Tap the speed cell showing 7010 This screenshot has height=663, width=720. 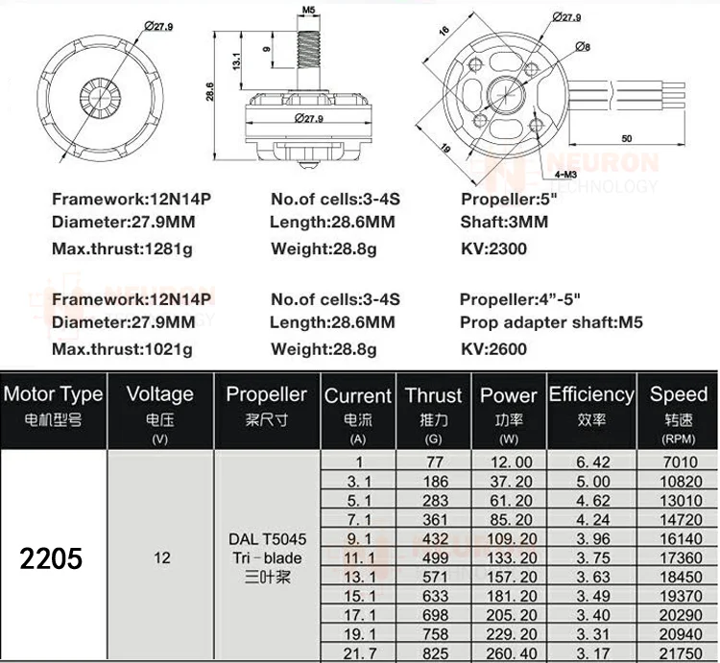click(679, 462)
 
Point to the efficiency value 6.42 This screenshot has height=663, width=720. click(591, 462)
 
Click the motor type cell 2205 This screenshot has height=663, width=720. click(53, 558)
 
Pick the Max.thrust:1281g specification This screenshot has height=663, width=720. click(121, 249)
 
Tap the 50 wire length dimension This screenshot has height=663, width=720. click(627, 139)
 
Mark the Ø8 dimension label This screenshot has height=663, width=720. click(583, 46)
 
